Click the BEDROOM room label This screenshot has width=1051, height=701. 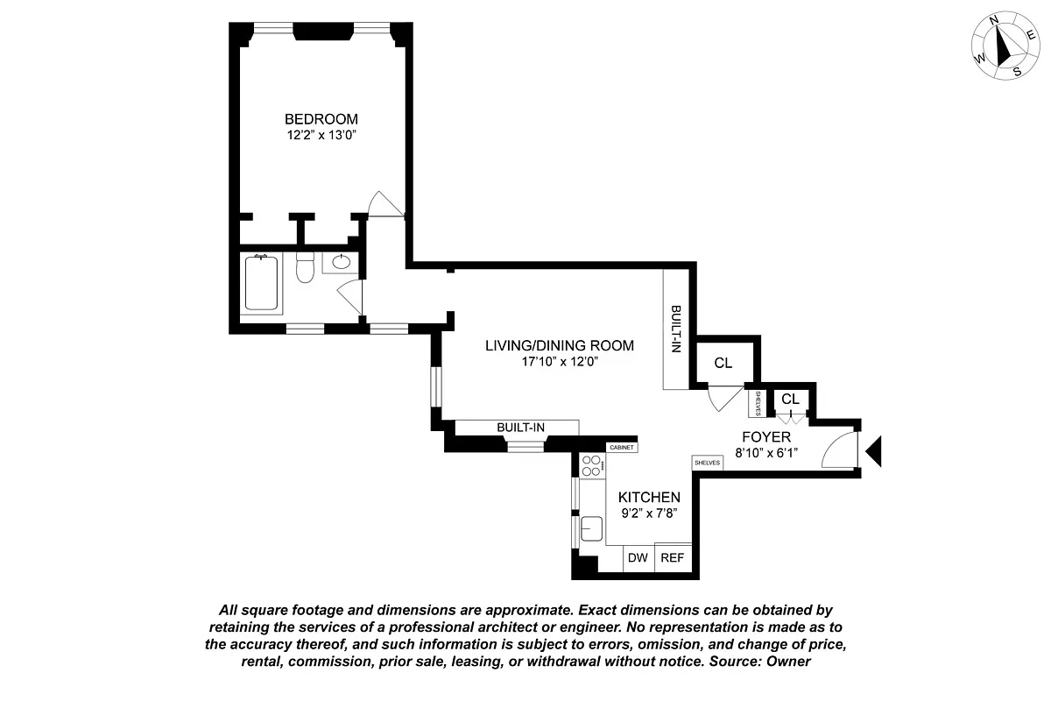[x=321, y=119]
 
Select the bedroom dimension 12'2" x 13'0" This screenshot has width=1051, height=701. [x=321, y=136]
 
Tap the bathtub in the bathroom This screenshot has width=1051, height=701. [x=263, y=283]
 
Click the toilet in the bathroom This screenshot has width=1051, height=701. [x=305, y=266]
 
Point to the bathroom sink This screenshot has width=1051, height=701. [x=341, y=261]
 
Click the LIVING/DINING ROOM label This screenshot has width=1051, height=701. [x=559, y=345]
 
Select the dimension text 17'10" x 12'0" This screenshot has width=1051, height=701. [x=559, y=361]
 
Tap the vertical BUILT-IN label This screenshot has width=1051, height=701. [x=675, y=329]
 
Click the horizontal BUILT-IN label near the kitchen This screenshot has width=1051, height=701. [x=521, y=427]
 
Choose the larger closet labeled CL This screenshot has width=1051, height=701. [x=723, y=364]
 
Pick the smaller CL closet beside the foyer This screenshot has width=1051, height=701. [x=790, y=400]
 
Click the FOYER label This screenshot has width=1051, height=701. [x=766, y=436]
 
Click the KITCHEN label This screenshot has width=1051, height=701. [x=649, y=497]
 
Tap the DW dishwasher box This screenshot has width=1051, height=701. [x=638, y=558]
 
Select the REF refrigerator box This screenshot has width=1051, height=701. [x=672, y=558]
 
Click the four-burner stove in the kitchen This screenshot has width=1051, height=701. [x=591, y=465]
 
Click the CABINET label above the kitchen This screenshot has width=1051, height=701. [x=621, y=448]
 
